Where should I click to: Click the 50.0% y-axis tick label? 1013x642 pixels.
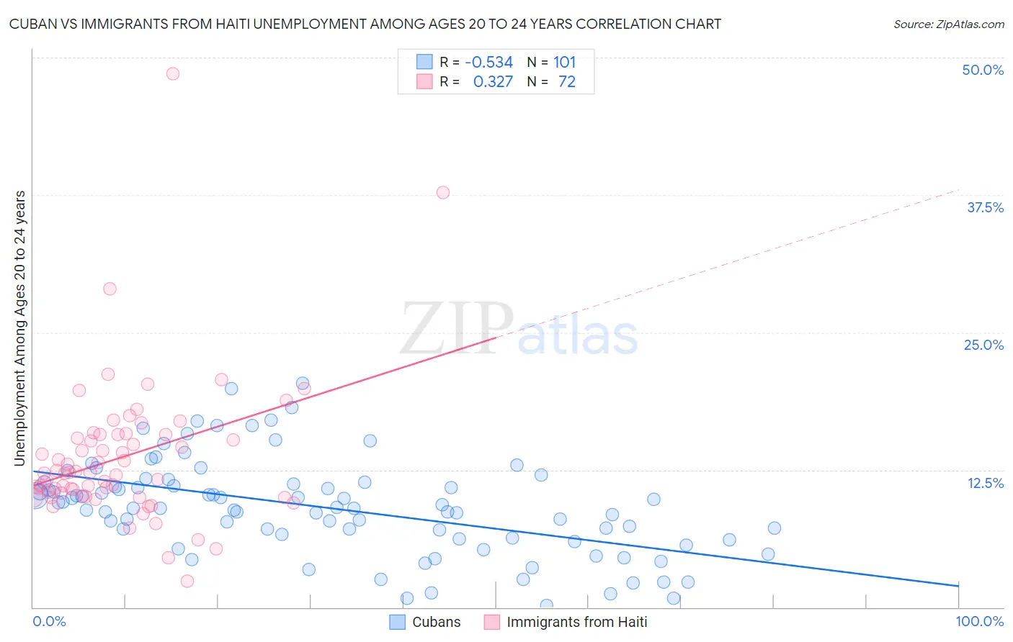coord(982,70)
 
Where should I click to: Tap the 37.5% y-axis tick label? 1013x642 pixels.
coord(984,207)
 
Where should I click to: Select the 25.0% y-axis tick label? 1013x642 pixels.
coord(983,345)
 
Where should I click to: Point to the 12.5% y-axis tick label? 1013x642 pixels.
coord(984,483)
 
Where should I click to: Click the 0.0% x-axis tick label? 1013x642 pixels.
coord(49,621)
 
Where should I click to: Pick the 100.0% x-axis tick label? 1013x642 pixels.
coord(979,621)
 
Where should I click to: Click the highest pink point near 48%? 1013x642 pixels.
coord(173,73)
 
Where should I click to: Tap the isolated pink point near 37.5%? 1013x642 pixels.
coord(443,192)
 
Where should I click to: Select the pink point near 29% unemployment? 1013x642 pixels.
coord(110,289)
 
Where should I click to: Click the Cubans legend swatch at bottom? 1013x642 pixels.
coord(397,622)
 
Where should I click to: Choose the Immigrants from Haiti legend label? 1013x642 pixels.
coord(576,622)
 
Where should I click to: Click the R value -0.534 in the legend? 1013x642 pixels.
coord(488,62)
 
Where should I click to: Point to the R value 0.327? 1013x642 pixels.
coord(493,82)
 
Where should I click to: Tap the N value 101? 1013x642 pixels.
coord(565,62)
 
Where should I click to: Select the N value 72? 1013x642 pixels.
coord(567,82)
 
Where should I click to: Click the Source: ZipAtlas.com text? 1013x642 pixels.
coord(948,24)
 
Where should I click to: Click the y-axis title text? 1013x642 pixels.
coord(19,328)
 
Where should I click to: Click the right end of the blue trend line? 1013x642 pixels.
coord(958,586)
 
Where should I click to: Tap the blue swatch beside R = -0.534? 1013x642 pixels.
coord(424,62)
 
